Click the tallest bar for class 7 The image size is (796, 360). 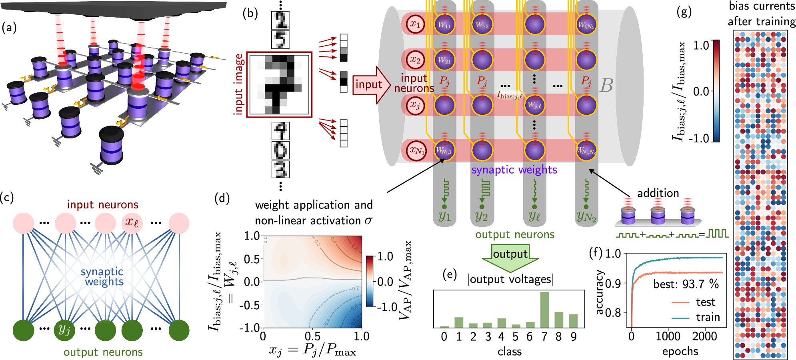tap(544, 310)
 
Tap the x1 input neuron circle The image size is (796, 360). tap(415, 24)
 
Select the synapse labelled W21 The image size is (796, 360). tap(444, 60)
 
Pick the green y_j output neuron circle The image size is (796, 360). tap(64, 330)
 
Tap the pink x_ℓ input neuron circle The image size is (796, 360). tap(132, 222)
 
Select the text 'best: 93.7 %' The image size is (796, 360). tap(686, 284)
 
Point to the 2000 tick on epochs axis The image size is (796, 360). tap(704, 336)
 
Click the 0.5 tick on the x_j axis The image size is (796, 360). tap(312, 336)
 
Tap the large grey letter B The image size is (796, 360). tap(606, 85)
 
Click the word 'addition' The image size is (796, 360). tap(658, 193)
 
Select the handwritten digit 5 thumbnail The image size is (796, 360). tap(280, 40)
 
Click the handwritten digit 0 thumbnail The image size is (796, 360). tap(280, 150)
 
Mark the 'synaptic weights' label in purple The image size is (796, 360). tap(514, 170)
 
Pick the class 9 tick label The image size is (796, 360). tap(573, 337)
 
